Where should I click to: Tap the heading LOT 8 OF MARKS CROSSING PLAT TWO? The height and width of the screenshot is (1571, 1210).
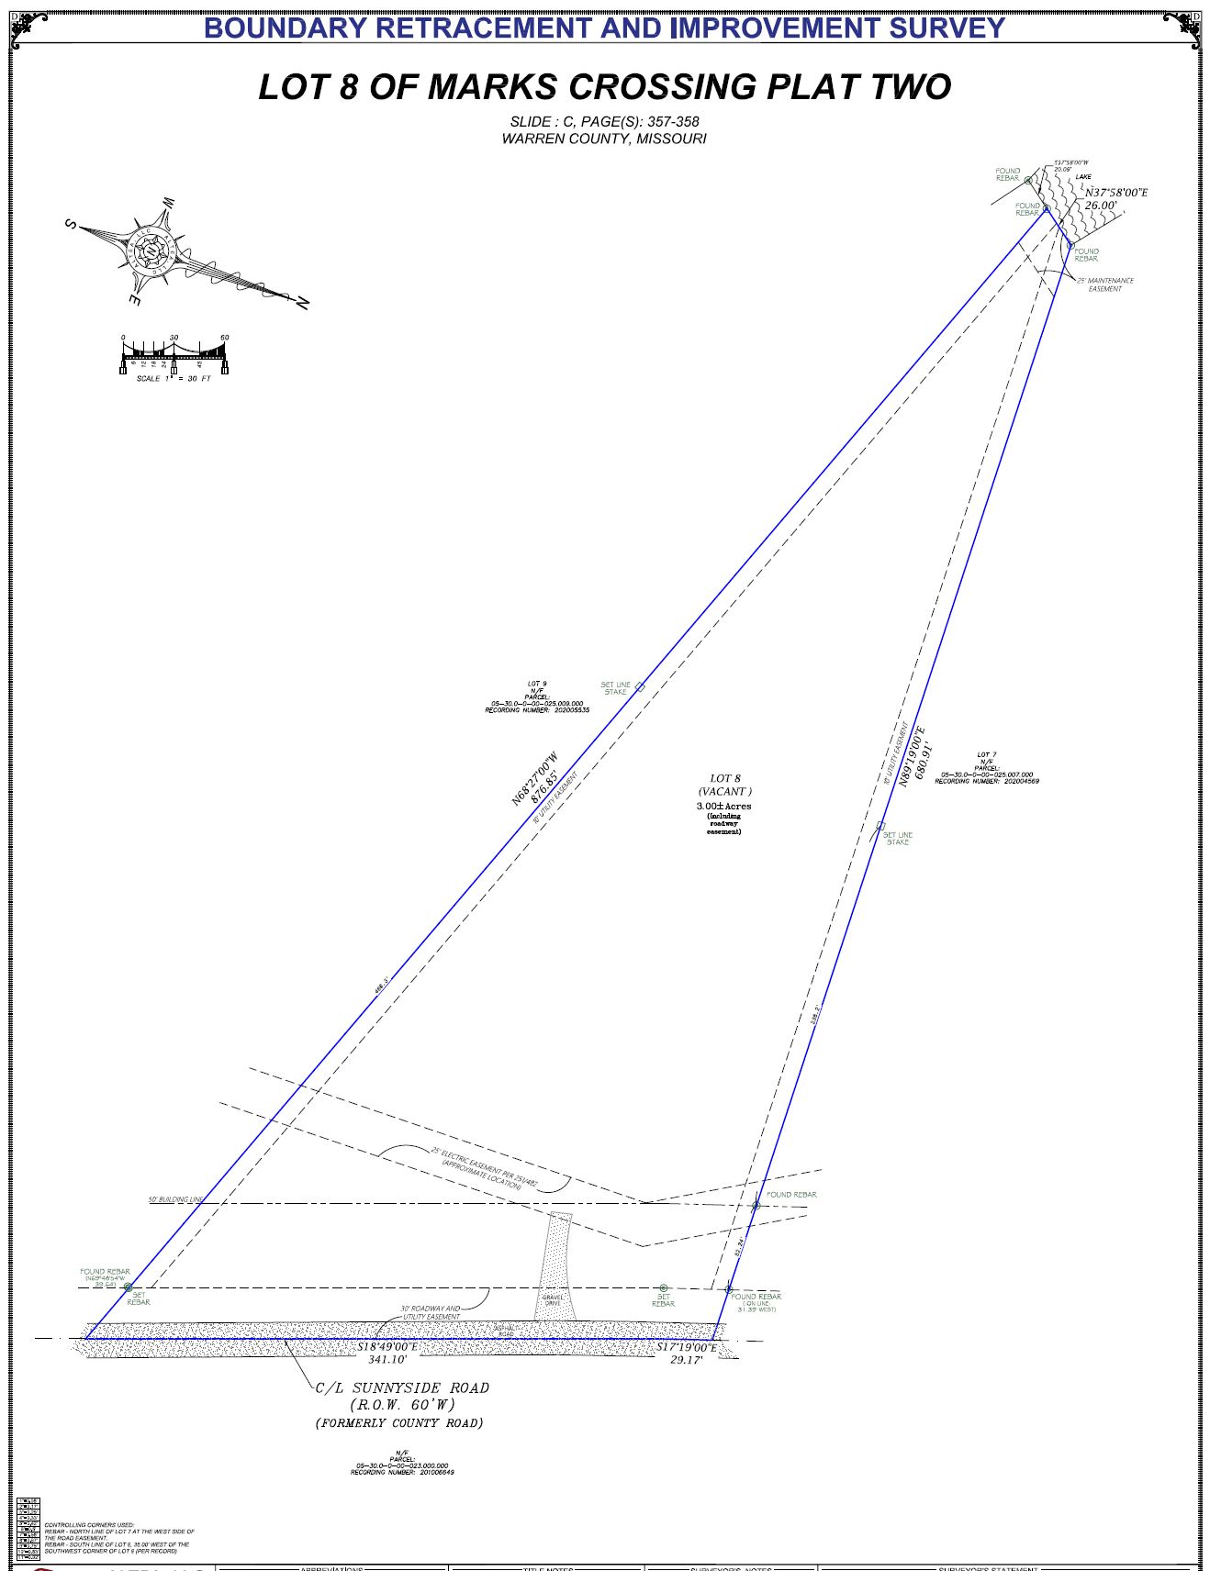[x=604, y=87]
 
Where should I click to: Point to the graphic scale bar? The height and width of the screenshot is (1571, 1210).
[x=174, y=353]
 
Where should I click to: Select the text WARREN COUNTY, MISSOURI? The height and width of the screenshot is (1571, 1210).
[x=603, y=139]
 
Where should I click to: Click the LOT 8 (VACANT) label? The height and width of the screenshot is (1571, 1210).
[x=724, y=785]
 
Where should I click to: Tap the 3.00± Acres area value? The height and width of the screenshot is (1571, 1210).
[x=723, y=806]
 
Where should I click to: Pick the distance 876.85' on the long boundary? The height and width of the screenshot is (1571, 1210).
[x=548, y=789]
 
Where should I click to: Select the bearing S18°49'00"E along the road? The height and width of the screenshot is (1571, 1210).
[x=387, y=1347]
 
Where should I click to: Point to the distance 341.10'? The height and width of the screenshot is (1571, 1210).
[x=387, y=1360]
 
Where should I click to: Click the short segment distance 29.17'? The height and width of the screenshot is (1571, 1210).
[x=686, y=1360]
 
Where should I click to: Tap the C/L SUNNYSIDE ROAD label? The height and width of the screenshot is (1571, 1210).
[x=402, y=1388]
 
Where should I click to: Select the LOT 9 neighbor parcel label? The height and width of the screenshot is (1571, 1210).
[x=537, y=696]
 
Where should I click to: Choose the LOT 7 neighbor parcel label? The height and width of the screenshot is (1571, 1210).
[x=986, y=768]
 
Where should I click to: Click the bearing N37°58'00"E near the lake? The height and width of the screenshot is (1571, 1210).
[x=1116, y=193]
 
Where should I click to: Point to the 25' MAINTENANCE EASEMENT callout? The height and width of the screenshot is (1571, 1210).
[x=1105, y=284]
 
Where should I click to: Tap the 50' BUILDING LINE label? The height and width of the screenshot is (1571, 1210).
[x=175, y=1199]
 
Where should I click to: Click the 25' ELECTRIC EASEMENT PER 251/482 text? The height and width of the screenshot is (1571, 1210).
[x=484, y=1164]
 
